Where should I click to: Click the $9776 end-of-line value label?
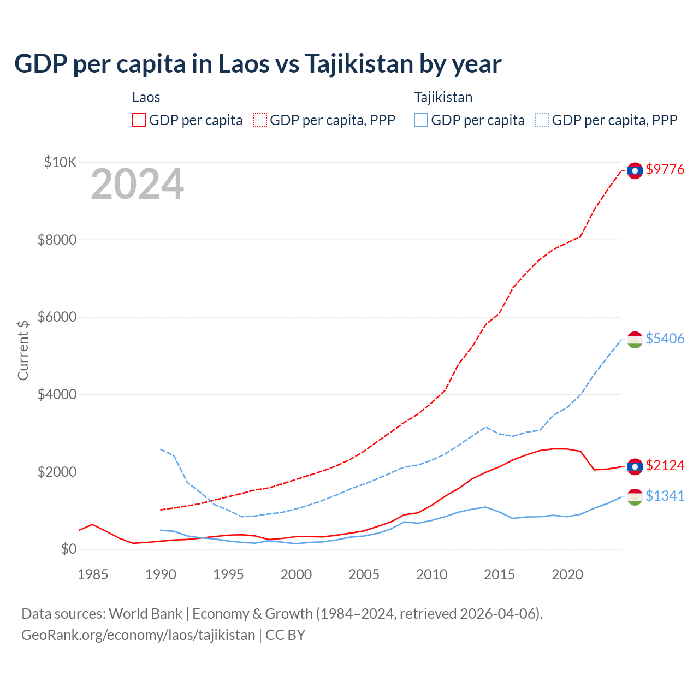click(665, 169)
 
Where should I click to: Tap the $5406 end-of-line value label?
click(665, 339)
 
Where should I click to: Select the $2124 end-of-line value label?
click(665, 465)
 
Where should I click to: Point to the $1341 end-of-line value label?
click(665, 496)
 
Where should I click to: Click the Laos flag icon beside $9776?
click(635, 170)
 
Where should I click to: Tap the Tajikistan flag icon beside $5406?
click(635, 340)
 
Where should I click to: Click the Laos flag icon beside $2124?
click(635, 466)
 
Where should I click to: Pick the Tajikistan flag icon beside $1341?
click(635, 497)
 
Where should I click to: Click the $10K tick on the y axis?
click(61, 162)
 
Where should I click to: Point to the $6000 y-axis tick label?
click(57, 317)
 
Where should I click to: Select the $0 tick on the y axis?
click(68, 549)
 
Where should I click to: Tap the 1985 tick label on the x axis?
click(93, 574)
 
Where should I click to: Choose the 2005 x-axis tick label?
click(364, 574)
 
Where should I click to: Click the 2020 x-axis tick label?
click(567, 574)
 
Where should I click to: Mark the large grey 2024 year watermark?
click(137, 184)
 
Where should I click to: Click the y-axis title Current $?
click(23, 350)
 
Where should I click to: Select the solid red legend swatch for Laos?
click(139, 120)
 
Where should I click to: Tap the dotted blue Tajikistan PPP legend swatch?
click(542, 120)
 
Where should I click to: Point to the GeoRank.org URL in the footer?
click(138, 635)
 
